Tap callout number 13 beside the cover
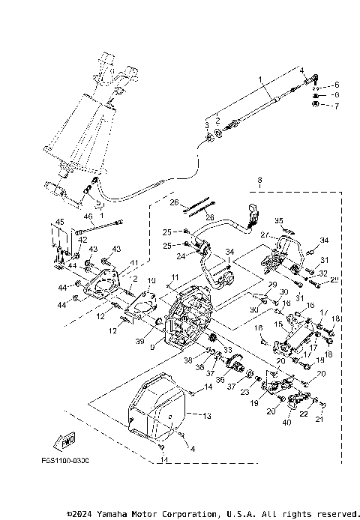[208, 414]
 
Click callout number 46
[88, 217]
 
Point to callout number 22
[304, 413]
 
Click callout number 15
[278, 324]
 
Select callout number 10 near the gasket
[150, 281]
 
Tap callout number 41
[136, 262]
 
